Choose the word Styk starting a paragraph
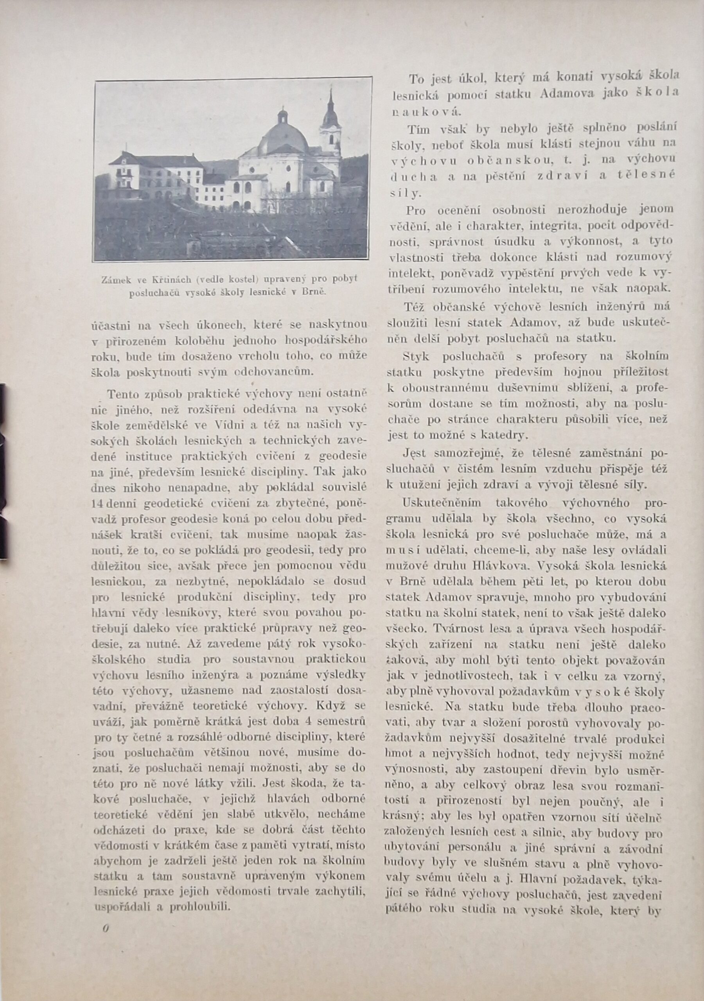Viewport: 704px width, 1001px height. pyautogui.click(x=417, y=356)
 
